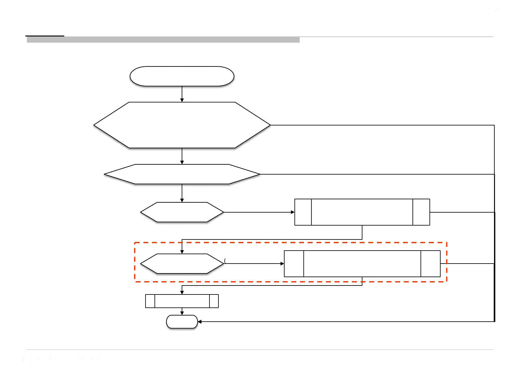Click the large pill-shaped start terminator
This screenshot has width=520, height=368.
click(x=182, y=76)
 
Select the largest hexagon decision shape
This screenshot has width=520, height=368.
click(x=182, y=125)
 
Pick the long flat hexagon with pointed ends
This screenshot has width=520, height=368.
click(x=182, y=174)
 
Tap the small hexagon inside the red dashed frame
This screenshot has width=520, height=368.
click(x=182, y=264)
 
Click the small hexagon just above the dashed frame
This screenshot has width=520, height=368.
click(x=182, y=212)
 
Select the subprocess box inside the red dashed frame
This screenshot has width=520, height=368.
click(x=362, y=264)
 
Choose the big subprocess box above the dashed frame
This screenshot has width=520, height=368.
click(x=362, y=212)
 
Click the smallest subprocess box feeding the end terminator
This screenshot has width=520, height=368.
click(x=182, y=301)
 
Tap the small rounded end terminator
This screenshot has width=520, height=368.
click(x=182, y=322)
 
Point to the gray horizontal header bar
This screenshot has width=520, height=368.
click(x=163, y=40)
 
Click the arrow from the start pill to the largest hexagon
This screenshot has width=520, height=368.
click(x=182, y=94)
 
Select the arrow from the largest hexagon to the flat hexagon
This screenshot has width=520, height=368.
click(x=182, y=156)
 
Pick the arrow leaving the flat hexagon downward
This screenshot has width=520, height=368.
click(x=182, y=193)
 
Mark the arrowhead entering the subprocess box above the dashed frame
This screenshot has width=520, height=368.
click(x=293, y=212)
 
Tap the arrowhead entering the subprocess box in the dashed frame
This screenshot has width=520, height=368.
click(x=282, y=264)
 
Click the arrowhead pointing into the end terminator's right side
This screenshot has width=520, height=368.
click(x=200, y=322)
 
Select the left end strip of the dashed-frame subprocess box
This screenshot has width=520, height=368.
click(x=294, y=264)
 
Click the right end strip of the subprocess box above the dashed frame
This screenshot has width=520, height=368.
click(x=421, y=212)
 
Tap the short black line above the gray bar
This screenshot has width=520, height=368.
click(x=45, y=36)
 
